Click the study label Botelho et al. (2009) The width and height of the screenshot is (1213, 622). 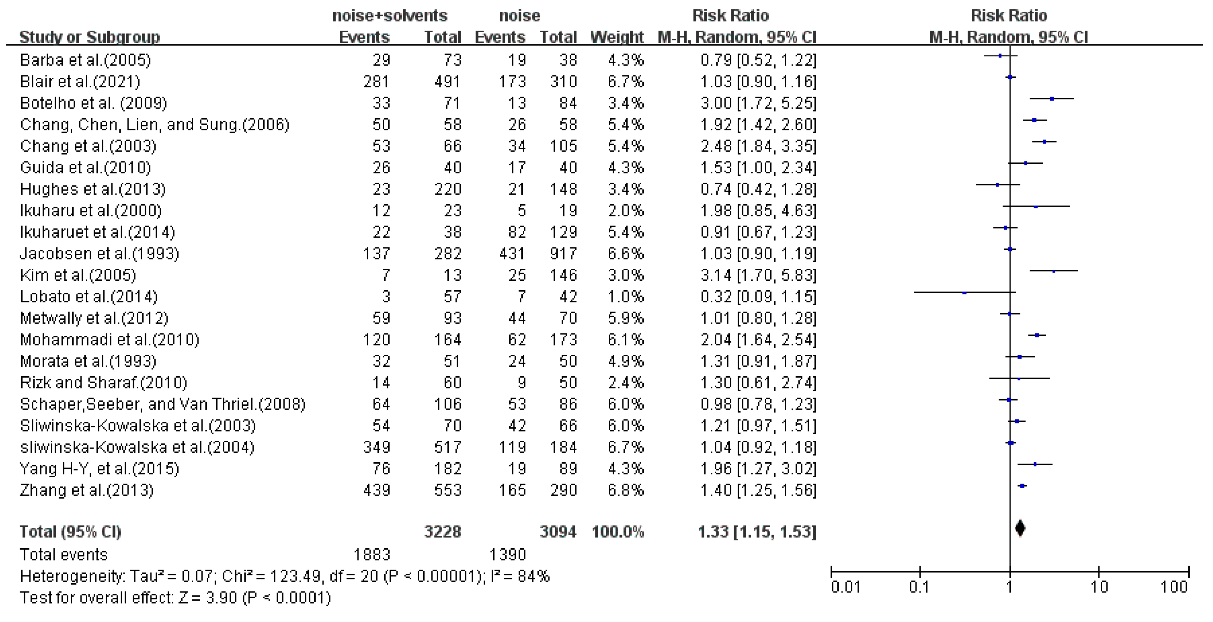point(93,103)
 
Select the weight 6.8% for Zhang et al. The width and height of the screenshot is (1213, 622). point(625,490)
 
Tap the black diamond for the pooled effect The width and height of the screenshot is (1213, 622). point(1020,528)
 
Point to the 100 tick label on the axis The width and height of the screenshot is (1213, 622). point(1174,587)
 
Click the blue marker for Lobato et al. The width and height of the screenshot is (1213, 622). point(965,293)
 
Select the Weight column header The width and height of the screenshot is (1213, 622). point(617,37)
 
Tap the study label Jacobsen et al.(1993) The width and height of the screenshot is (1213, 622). point(99,253)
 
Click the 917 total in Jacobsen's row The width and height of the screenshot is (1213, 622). point(563,253)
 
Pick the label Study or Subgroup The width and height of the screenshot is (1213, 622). point(89,37)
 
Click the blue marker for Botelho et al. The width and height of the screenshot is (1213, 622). point(1052,99)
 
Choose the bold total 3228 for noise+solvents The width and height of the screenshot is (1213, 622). point(442,532)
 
